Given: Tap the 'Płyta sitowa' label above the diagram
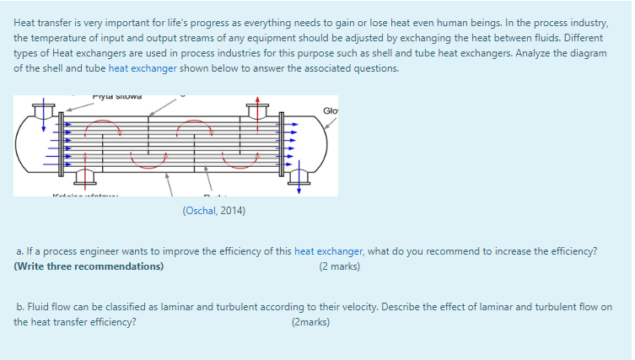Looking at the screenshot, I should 116,96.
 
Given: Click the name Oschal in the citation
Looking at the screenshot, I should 200,211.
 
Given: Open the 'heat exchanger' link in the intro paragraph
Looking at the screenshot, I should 142,68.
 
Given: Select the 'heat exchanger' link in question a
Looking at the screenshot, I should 328,251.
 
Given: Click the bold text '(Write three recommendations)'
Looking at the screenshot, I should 89,266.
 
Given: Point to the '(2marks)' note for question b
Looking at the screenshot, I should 310,322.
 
